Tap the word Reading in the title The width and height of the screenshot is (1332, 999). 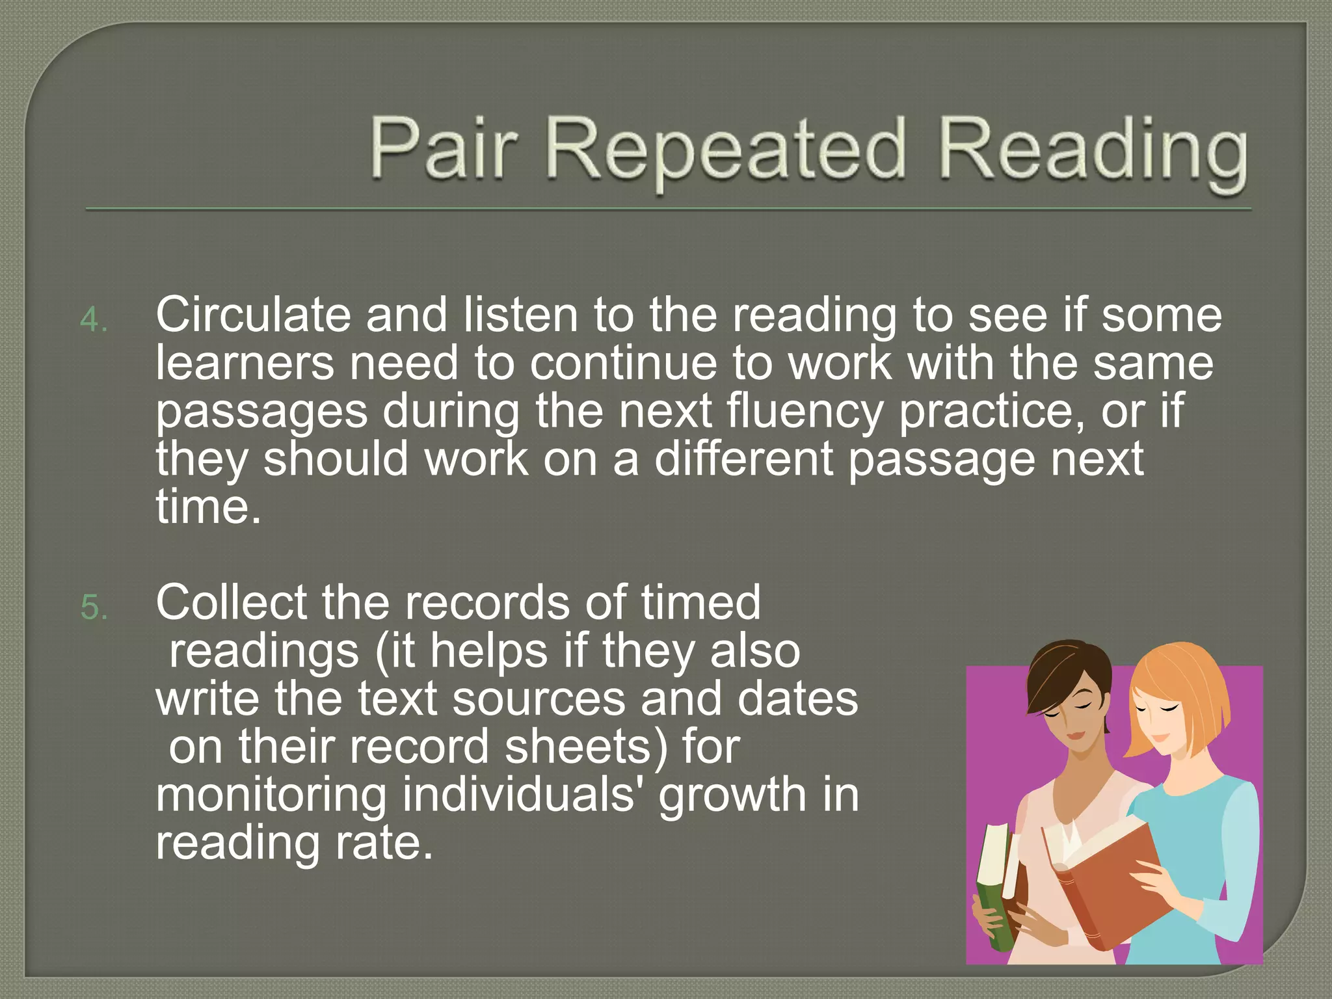pyautogui.click(x=1092, y=153)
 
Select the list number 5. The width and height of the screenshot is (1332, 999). pyautogui.click(x=94, y=608)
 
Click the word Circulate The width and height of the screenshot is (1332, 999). pyautogui.click(x=253, y=315)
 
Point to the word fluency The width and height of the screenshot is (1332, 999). pyautogui.click(x=804, y=412)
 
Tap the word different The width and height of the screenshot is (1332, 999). pyautogui.click(x=743, y=459)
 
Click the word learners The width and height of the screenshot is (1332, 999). pyautogui.click(x=245, y=364)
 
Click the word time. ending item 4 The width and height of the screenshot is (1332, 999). pyautogui.click(x=208, y=507)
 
